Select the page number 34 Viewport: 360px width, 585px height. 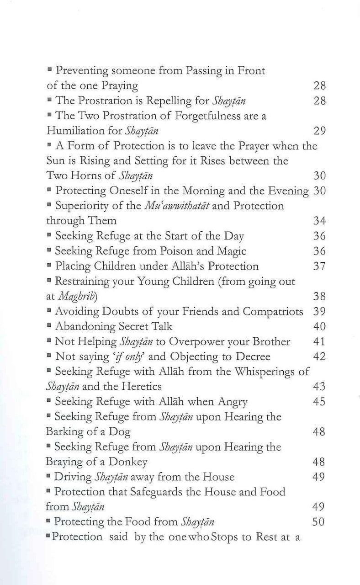(319, 221)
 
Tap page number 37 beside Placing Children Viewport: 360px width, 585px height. (319, 266)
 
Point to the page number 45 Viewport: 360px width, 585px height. (319, 402)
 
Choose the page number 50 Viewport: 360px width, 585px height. (319, 521)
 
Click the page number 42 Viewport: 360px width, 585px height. (319, 356)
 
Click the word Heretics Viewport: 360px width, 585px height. (140, 387)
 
